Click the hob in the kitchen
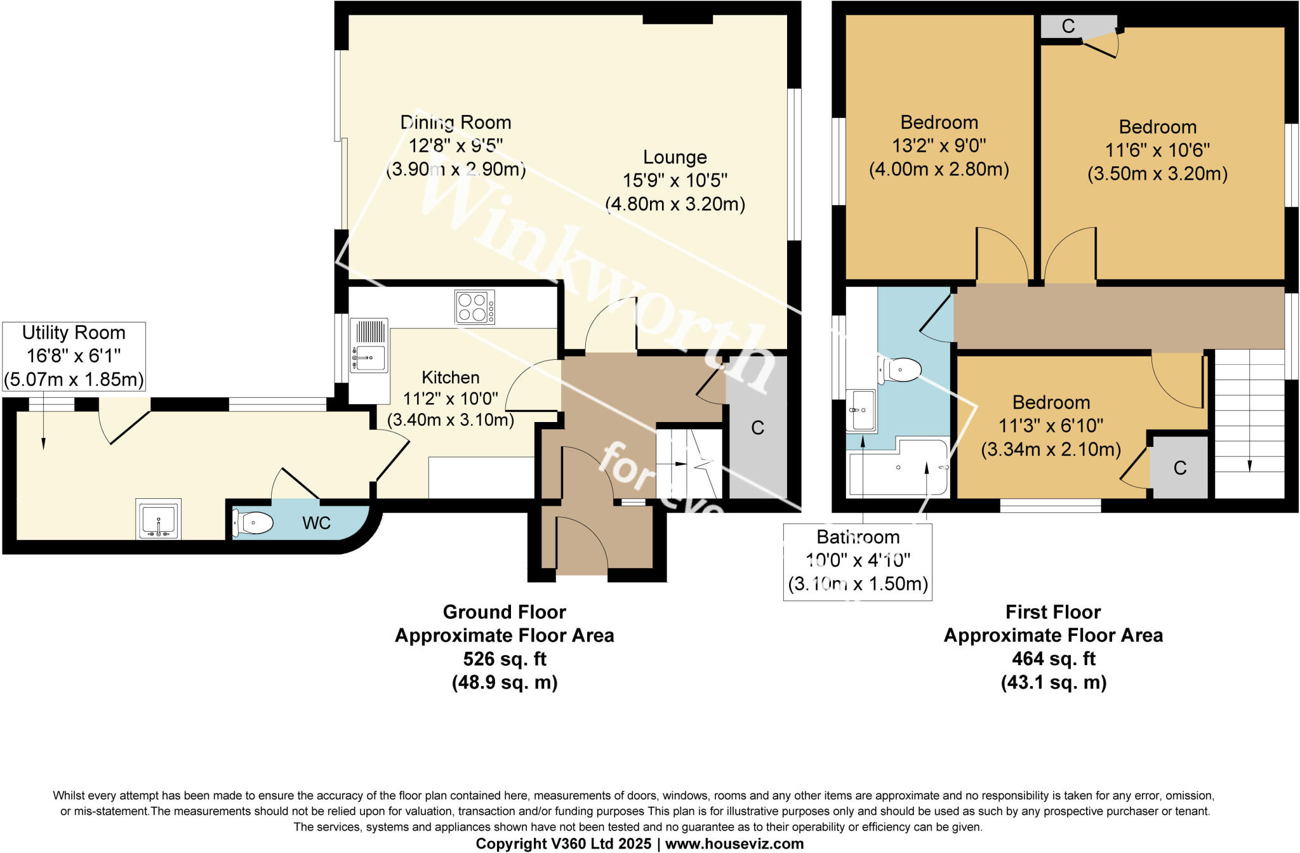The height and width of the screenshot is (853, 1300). coord(475,307)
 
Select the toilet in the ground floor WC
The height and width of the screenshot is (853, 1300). coord(253,524)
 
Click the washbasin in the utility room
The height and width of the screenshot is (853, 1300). coord(159,519)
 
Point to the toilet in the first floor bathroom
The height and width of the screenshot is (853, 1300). coord(900,369)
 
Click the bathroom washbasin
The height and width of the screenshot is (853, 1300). coord(861,411)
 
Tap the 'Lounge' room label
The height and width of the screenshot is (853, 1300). coord(675,157)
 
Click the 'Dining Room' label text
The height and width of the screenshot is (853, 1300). coord(456,122)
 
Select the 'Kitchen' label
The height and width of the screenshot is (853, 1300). coord(451,378)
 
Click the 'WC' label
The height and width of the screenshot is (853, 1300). coord(316,523)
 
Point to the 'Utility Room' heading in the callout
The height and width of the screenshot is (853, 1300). coord(74,333)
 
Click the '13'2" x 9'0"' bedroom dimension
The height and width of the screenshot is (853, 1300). coord(939,146)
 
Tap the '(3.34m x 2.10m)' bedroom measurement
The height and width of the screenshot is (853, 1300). coord(1051,449)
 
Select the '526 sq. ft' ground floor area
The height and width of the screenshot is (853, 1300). coord(505,659)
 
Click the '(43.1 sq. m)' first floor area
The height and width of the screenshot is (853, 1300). coord(1054,682)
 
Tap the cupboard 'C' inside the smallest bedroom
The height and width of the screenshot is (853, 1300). coord(1180,468)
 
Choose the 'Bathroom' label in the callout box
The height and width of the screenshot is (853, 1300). coord(858,537)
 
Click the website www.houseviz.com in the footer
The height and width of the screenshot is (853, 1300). coord(734,843)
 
